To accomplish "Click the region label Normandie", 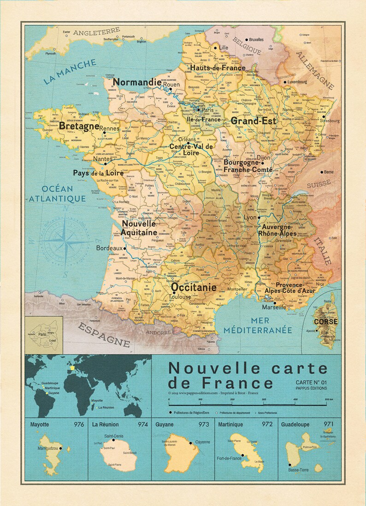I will click(137, 82).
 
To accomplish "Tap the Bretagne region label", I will click(79, 125).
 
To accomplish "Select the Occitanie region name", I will click(194, 287).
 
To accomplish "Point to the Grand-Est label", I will click(253, 121).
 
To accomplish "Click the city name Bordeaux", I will click(109, 248).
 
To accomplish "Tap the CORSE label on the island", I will click(325, 322).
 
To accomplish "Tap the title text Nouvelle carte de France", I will click(247, 375).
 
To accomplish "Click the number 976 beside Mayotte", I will click(78, 424).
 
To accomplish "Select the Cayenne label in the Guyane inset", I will click(202, 442).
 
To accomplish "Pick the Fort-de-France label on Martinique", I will click(229, 459).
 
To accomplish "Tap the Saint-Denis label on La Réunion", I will click(114, 436).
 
